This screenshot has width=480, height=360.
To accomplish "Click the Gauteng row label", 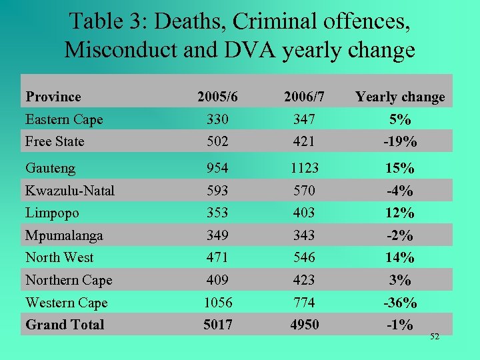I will point(50,169).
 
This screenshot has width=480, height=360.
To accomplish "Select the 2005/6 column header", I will point(218,97).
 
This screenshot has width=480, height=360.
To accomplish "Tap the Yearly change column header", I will point(400,97).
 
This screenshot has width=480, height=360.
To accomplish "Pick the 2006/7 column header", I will point(304,97).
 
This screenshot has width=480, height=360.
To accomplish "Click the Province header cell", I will point(53,97).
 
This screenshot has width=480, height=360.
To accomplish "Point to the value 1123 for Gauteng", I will point(304,169).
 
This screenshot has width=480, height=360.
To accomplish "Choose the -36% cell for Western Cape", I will point(400,303).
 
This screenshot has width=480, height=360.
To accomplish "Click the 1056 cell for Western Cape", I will point(218,303).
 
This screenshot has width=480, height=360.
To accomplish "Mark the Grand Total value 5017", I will point(218,325).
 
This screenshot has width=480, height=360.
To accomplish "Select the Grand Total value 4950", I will point(304,325).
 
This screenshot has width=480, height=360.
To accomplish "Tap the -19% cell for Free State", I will point(400,141).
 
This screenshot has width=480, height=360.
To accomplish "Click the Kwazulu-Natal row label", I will point(70,191).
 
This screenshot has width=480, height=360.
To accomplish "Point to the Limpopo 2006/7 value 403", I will point(304,213).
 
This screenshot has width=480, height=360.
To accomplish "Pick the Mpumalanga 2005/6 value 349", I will point(218,235).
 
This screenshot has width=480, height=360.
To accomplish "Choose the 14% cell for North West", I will point(400,257).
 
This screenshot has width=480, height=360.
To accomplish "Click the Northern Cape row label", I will point(69,280).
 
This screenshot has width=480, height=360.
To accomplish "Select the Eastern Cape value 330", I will point(218,119).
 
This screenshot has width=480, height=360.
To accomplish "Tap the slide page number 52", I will point(435,337).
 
